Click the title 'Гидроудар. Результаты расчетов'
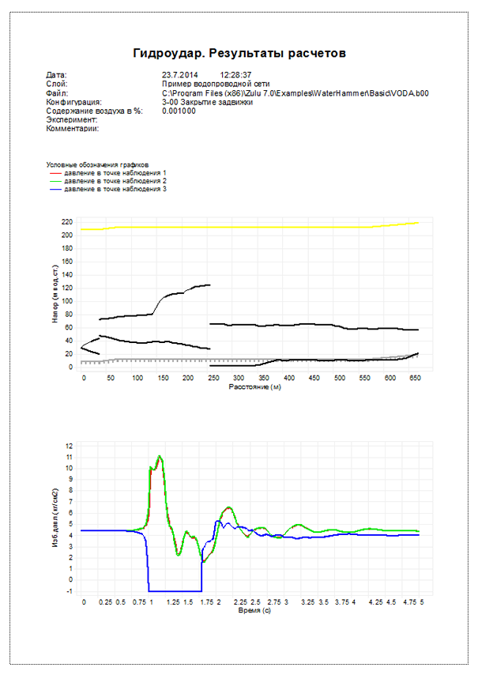(x=239, y=53)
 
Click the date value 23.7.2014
(x=178, y=74)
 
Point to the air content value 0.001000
(x=179, y=111)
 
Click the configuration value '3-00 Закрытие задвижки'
(x=207, y=102)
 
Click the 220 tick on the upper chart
(x=66, y=221)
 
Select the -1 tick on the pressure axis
(x=70, y=590)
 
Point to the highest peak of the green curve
(x=160, y=456)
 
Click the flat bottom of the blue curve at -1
(x=174, y=590)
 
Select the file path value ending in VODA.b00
(x=295, y=92)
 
